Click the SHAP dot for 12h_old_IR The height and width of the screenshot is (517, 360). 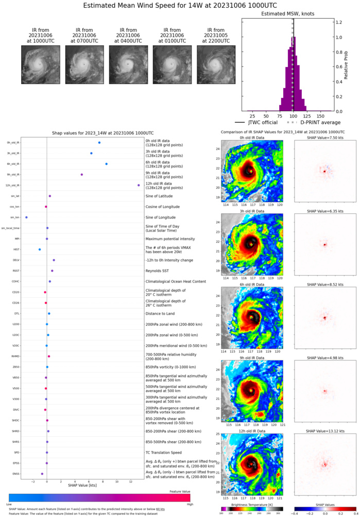(139, 185)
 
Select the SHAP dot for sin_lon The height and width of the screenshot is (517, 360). (26, 218)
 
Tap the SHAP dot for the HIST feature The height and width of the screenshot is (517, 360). (40, 249)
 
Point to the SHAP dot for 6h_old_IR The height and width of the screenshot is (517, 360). (106, 164)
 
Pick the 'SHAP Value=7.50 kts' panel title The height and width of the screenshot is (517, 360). (325, 138)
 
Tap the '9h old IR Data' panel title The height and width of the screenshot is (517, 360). (251, 358)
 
